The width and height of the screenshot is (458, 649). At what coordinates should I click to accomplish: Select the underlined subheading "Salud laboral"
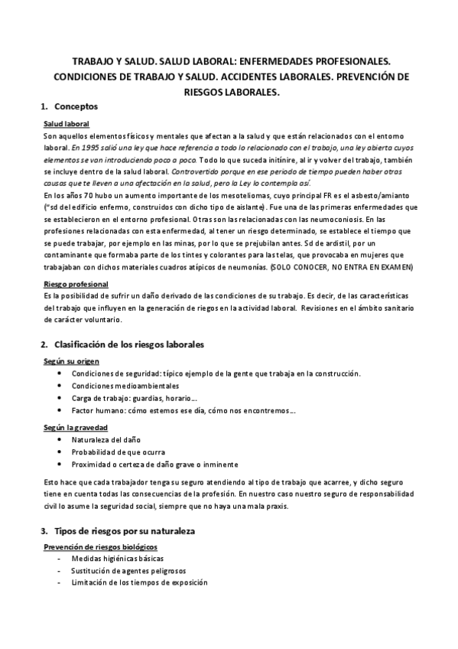[x=67, y=123]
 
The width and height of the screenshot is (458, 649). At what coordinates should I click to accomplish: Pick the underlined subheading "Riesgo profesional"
[x=76, y=284]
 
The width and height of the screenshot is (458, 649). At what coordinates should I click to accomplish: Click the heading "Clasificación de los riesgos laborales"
[x=135, y=344]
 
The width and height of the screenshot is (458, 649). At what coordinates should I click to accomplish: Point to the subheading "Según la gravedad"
[x=76, y=426]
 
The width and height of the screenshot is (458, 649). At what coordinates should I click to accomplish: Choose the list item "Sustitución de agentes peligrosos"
[x=128, y=571]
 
